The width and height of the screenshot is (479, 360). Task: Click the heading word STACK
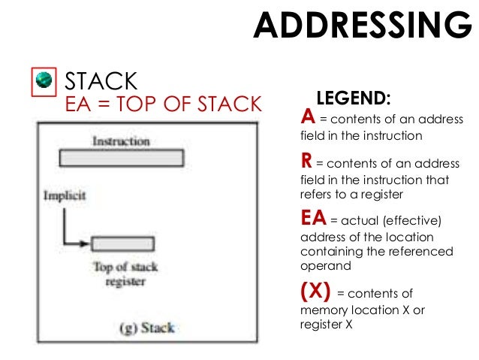pyautogui.click(x=101, y=80)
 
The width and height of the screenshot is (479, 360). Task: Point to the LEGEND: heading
pyautogui.click(x=354, y=98)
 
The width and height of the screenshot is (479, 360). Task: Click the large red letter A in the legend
pyautogui.click(x=306, y=118)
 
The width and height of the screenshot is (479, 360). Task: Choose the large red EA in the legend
pyautogui.click(x=312, y=219)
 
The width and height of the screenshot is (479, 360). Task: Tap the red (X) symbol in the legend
pyautogui.click(x=315, y=292)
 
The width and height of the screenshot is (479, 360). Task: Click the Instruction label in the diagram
pyautogui.click(x=121, y=141)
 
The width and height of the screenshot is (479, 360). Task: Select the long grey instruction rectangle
pyautogui.click(x=121, y=158)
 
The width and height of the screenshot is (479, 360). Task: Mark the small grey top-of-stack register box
pyautogui.click(x=122, y=244)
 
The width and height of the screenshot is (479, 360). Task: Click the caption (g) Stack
pyautogui.click(x=146, y=328)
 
